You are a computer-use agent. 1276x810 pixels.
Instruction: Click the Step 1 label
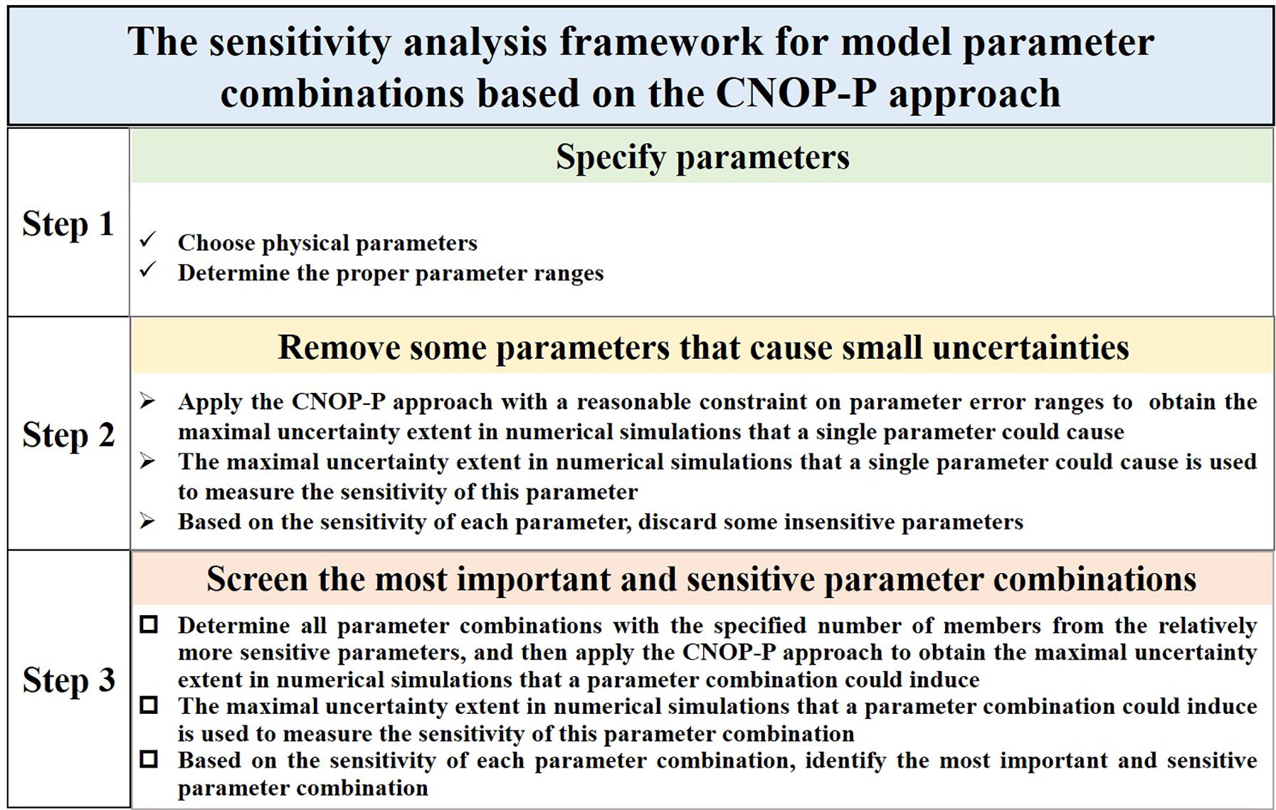(68, 223)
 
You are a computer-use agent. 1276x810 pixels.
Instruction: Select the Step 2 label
(68, 434)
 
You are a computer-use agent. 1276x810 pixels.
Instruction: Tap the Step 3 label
(68, 680)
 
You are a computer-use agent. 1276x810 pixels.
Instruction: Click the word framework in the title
(661, 42)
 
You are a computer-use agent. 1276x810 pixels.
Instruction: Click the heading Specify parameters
(702, 157)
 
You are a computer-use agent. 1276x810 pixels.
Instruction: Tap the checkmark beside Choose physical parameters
(148, 240)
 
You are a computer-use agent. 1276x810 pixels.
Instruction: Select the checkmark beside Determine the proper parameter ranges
(148, 270)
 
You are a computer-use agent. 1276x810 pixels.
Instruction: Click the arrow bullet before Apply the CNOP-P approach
(147, 401)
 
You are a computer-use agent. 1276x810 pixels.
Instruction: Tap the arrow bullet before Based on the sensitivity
(147, 522)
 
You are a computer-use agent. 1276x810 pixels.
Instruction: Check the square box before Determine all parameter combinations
(149, 625)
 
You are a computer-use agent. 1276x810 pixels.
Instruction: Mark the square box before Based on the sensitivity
(149, 759)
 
